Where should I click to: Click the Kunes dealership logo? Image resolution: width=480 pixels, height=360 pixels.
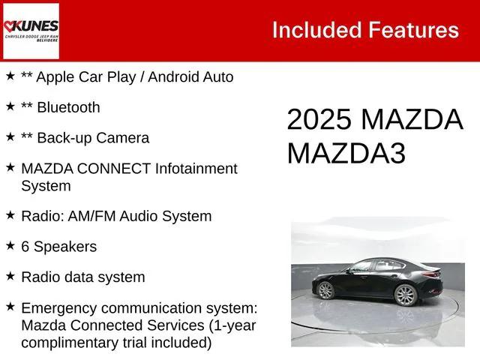click(x=31, y=30)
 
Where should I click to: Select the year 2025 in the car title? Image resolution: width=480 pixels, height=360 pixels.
click(x=319, y=120)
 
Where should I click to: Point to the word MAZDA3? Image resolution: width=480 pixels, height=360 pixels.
click(x=346, y=153)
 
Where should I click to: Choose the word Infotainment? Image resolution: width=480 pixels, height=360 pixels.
click(x=195, y=169)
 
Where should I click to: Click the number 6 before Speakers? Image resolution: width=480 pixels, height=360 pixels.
click(x=25, y=246)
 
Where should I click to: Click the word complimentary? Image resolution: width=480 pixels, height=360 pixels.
click(x=66, y=343)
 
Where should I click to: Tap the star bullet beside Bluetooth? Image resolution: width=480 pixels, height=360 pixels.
click(x=10, y=106)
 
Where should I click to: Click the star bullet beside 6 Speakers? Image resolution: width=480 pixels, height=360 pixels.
click(x=10, y=245)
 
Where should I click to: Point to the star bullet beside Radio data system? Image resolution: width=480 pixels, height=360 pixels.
click(x=10, y=276)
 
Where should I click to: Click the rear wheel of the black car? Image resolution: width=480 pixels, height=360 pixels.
click(x=325, y=289)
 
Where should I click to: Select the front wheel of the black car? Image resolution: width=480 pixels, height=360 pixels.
click(x=405, y=295)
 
